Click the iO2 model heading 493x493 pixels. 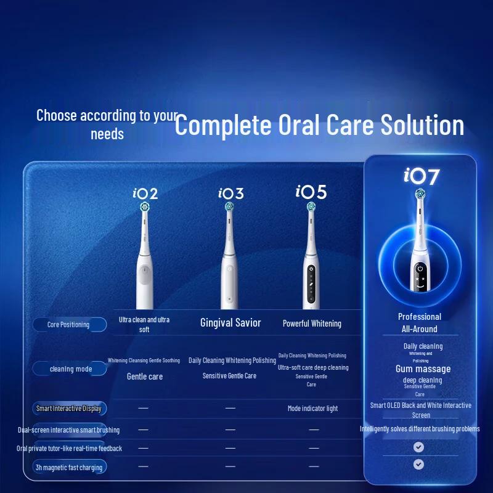coord(145,194)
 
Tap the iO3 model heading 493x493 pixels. coord(230,194)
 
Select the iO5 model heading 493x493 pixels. coord(311,192)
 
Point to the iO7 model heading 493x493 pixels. coord(422,176)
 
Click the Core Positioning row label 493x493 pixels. coord(68,325)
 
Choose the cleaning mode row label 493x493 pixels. coord(71,369)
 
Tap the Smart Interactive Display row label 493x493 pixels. coord(68,409)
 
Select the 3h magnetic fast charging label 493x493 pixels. coord(69,468)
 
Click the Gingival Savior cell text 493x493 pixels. coord(230,323)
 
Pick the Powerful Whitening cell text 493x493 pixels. coord(312,324)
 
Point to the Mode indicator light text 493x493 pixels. coord(312,409)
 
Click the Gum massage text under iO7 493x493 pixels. coord(423,369)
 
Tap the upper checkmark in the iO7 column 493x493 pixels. coord(419,447)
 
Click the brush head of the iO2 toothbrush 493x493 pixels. coord(145,208)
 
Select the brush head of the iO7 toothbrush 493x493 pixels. coord(419,196)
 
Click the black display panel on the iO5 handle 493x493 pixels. coord(311,280)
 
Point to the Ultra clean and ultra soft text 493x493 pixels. coord(144,324)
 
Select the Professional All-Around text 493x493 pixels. coord(419,323)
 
